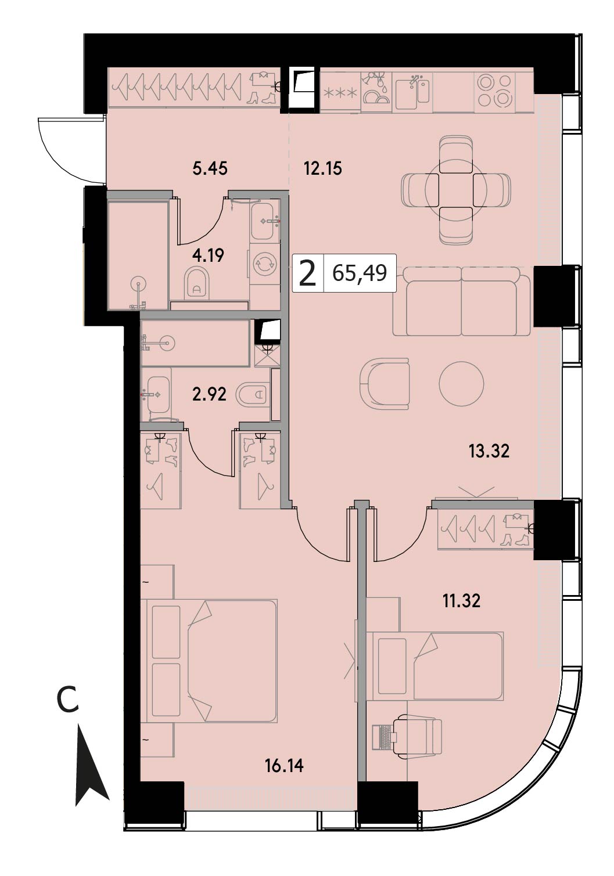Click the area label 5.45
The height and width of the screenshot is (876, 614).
point(210,169)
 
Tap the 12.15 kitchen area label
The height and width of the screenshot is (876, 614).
point(323,168)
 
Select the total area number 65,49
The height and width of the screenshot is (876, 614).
point(360,273)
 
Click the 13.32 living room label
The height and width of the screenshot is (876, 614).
point(489,452)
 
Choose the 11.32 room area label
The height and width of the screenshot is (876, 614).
point(461,601)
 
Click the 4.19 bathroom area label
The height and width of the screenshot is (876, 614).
point(208,256)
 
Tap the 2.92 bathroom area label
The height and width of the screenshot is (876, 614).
point(209,395)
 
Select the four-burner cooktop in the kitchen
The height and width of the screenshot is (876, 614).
point(495,92)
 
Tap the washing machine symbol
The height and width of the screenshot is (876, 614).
point(264,264)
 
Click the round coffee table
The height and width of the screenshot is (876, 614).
point(461,384)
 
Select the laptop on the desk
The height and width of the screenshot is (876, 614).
point(383,737)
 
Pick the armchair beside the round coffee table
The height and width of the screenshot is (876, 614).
point(385,384)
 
